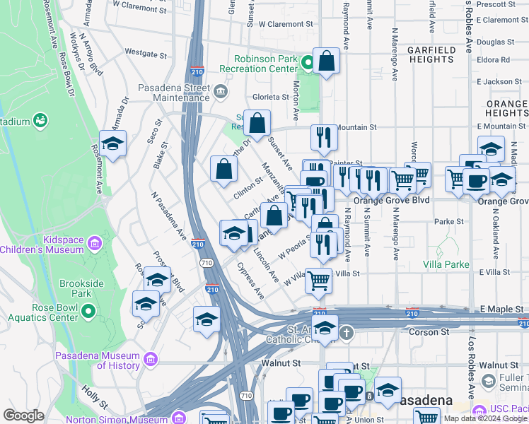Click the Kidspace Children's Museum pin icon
[93, 245]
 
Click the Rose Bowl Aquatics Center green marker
[88, 311]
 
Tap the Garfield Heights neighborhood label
[431, 55]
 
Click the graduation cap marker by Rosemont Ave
[112, 143]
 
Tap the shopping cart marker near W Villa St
[318, 280]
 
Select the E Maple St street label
[499, 309]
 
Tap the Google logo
[23, 416]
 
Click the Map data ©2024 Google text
[485, 418]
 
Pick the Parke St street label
[448, 221]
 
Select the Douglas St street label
[490, 42]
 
